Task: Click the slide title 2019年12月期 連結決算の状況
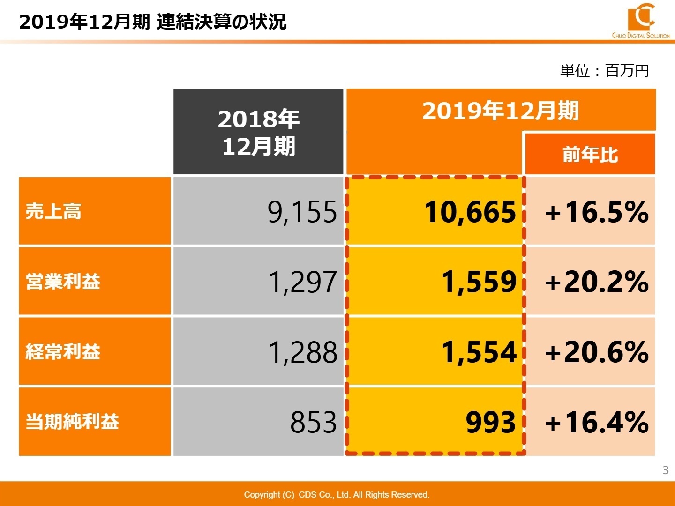coord(152,22)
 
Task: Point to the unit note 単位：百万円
coord(604,71)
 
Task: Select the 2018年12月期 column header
coord(258,132)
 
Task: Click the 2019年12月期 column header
coord(500,111)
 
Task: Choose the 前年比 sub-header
coord(590,154)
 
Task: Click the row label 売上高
coord(53,211)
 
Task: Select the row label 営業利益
coord(63,282)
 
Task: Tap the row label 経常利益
coord(63,351)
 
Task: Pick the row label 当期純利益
coord(72,422)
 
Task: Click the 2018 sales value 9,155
coord(302,212)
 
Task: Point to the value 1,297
coord(302,282)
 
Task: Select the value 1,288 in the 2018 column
coord(302,352)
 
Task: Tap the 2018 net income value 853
coord(313,422)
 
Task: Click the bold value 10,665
coord(470,212)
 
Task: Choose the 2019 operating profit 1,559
coord(479,282)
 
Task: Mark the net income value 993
coord(490,422)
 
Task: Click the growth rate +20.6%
coord(596,352)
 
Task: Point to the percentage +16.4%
coord(596,422)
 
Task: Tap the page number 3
coord(665,470)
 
